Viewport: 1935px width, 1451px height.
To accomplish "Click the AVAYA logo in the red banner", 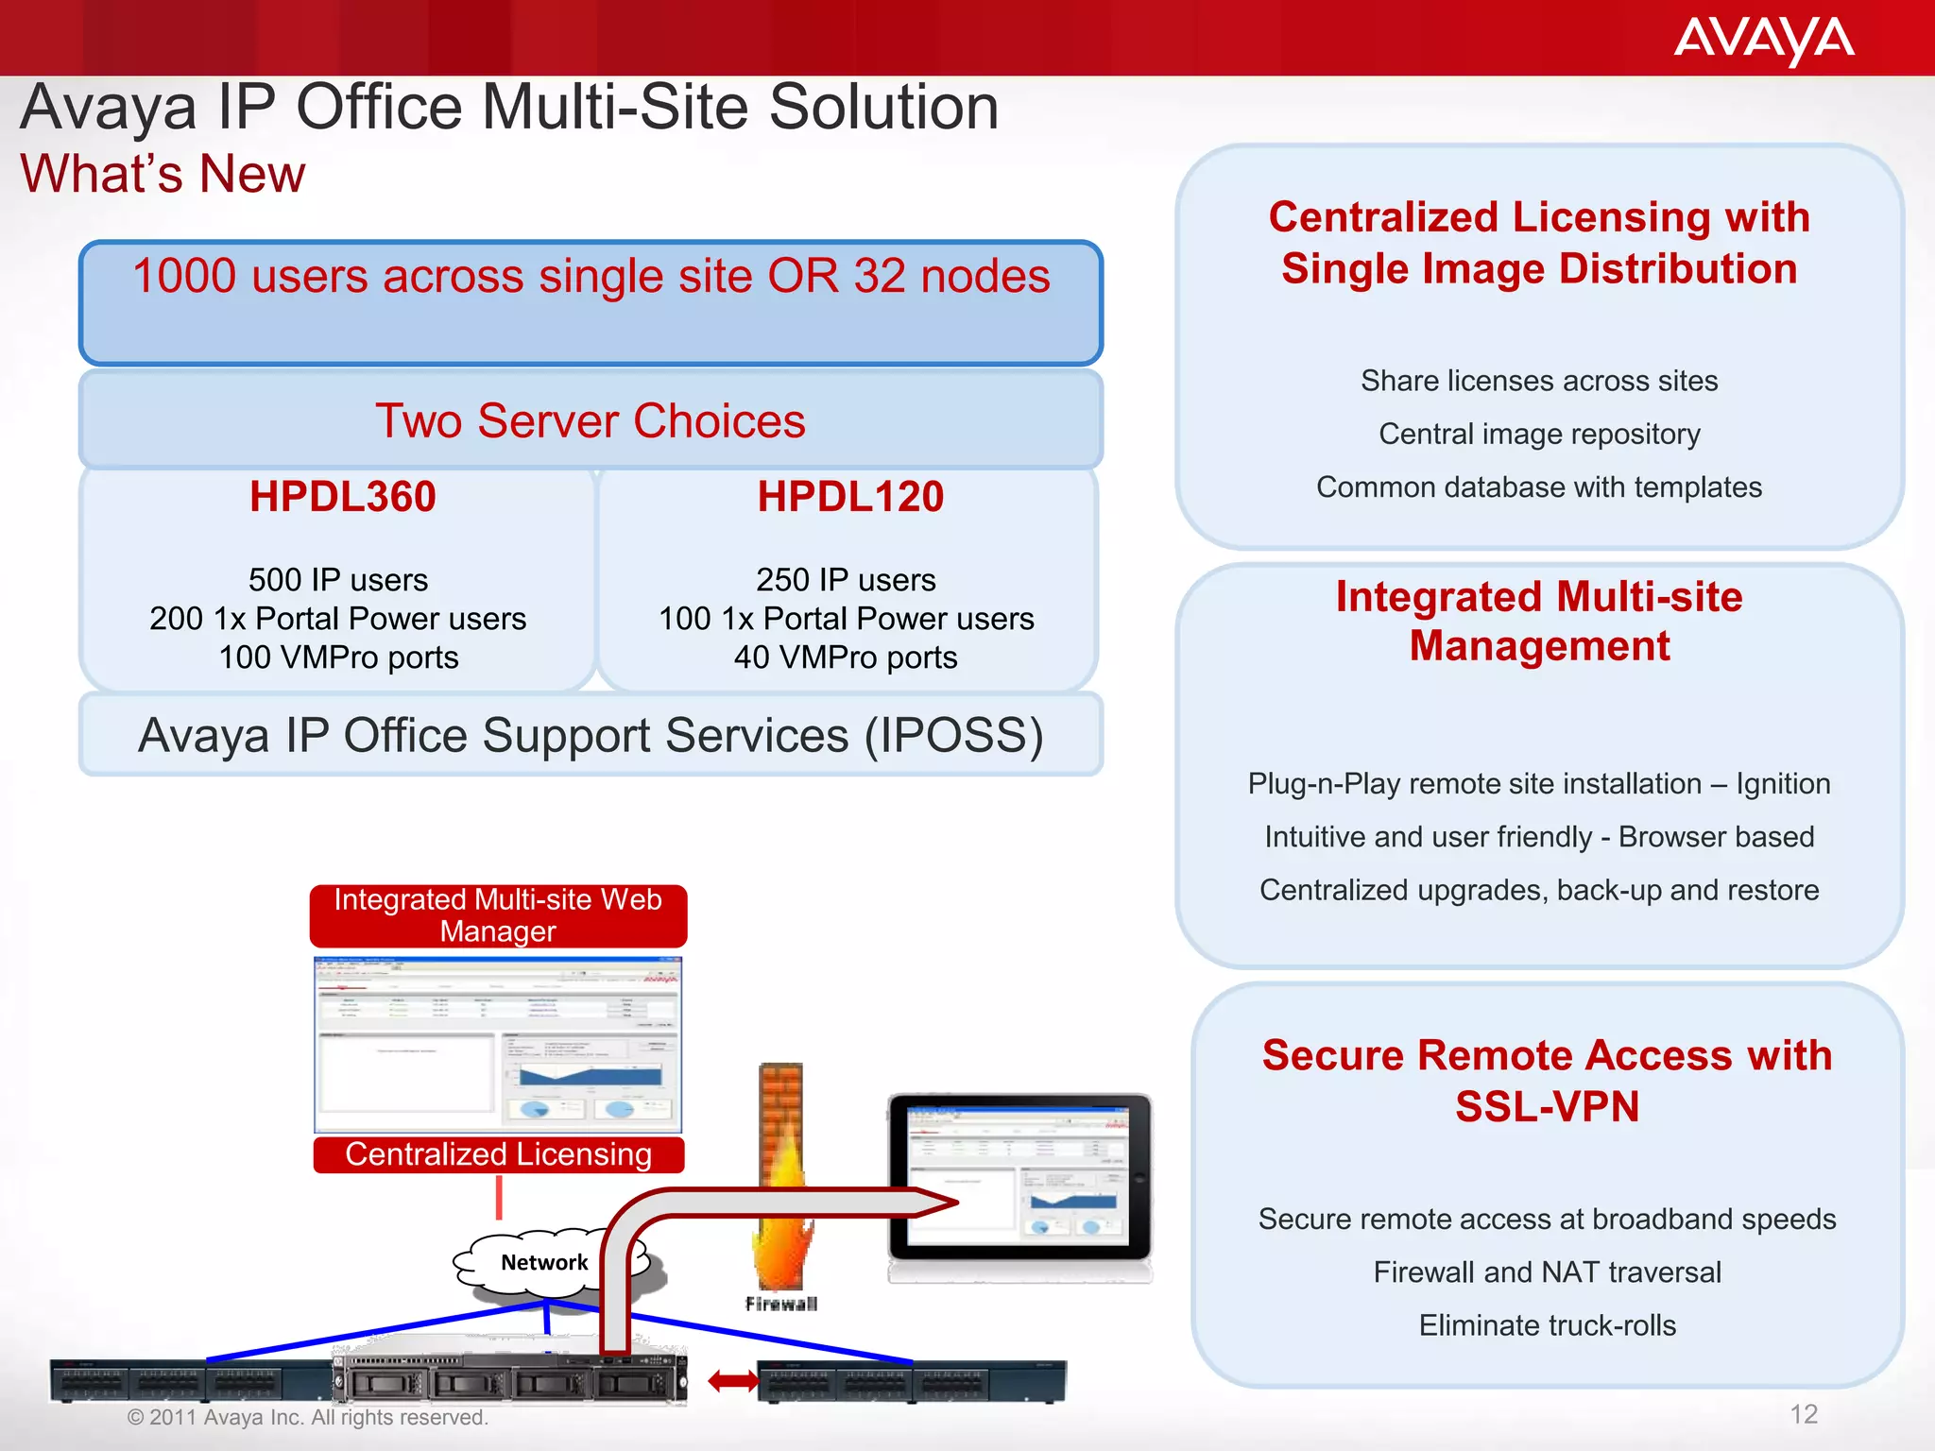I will pyautogui.click(x=1763, y=40).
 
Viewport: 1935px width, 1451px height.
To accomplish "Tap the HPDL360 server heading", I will pyautogui.click(x=342, y=497).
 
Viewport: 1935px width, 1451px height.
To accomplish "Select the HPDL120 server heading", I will pyautogui.click(x=850, y=497).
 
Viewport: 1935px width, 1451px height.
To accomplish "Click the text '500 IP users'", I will pyautogui.click(x=338, y=579).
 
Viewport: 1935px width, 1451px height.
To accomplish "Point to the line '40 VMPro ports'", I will pyautogui.click(x=846, y=657).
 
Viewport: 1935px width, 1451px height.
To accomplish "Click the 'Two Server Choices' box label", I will pyautogui.click(x=591, y=420).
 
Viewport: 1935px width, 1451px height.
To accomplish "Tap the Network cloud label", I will pyautogui.click(x=544, y=1262).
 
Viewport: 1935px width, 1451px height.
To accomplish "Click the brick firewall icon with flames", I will pyautogui.click(x=781, y=1181).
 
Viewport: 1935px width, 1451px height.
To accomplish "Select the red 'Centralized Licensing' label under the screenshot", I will pyautogui.click(x=498, y=1154).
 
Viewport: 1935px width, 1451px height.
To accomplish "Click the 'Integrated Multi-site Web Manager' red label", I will pyautogui.click(x=498, y=915).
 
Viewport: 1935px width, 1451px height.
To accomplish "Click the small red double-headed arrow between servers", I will pyautogui.click(x=733, y=1382).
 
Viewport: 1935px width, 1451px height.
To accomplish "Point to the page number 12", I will pyautogui.click(x=1804, y=1414).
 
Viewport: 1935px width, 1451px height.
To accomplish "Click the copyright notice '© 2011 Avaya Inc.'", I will pyautogui.click(x=307, y=1417).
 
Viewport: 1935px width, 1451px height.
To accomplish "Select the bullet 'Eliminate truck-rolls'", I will pyautogui.click(x=1547, y=1325).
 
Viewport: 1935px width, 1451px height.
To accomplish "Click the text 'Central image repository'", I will pyautogui.click(x=1539, y=434).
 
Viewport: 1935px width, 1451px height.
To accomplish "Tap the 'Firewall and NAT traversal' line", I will pyautogui.click(x=1547, y=1272).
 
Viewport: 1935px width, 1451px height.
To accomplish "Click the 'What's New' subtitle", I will pyautogui.click(x=163, y=174).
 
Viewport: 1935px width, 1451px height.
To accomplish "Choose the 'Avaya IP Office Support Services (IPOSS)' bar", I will pyautogui.click(x=591, y=735).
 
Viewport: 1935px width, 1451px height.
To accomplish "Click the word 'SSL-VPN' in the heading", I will pyautogui.click(x=1547, y=1106).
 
